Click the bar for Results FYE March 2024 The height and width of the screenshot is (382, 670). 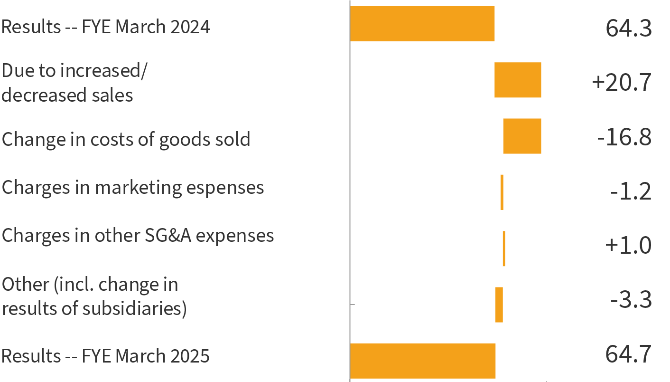pyautogui.click(x=422, y=24)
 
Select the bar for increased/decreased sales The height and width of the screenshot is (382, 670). pyautogui.click(x=518, y=80)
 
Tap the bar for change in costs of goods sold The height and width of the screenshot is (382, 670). pyautogui.click(x=522, y=136)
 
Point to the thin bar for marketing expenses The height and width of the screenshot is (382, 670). pyautogui.click(x=502, y=192)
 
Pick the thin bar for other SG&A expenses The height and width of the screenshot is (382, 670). pyautogui.click(x=504, y=248)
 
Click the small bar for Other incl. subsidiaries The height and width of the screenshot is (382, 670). pyautogui.click(x=499, y=305)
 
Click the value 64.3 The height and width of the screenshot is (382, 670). pyautogui.click(x=628, y=29)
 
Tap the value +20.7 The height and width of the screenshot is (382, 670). pyautogui.click(x=622, y=83)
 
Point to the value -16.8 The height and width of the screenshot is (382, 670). pyautogui.click(x=624, y=138)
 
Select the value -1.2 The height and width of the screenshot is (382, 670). pyautogui.click(x=631, y=192)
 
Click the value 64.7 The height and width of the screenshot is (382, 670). pyautogui.click(x=628, y=354)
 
